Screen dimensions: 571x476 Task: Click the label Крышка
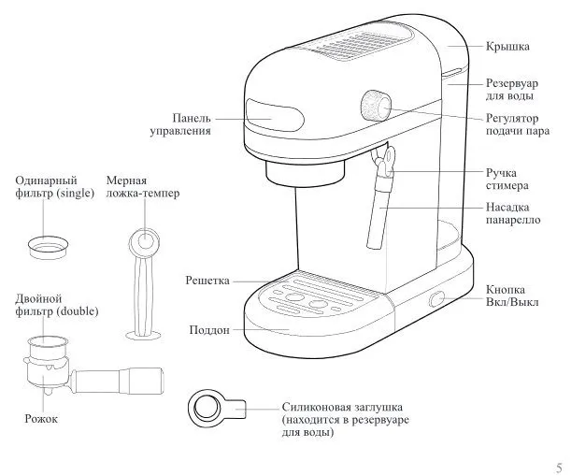tap(507, 46)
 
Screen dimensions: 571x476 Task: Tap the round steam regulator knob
tap(376, 106)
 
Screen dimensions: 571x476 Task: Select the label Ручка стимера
tap(507, 179)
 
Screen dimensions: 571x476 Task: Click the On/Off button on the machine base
tap(437, 299)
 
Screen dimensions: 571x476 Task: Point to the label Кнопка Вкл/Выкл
tap(512, 296)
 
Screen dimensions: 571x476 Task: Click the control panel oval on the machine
tap(275, 114)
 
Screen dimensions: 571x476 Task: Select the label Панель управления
tap(180, 124)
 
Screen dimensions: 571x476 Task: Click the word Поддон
tap(209, 330)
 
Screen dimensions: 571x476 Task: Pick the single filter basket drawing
tap(48, 248)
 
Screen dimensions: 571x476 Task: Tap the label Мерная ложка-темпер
tap(143, 187)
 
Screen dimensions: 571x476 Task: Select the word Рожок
tap(41, 418)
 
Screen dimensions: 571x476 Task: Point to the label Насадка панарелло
tap(513, 213)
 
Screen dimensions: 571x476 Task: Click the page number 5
tap(559, 468)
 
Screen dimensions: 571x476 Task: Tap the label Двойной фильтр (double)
tap(57, 305)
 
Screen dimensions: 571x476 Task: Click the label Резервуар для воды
tap(511, 89)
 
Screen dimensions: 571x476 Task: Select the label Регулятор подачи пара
tap(518, 124)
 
